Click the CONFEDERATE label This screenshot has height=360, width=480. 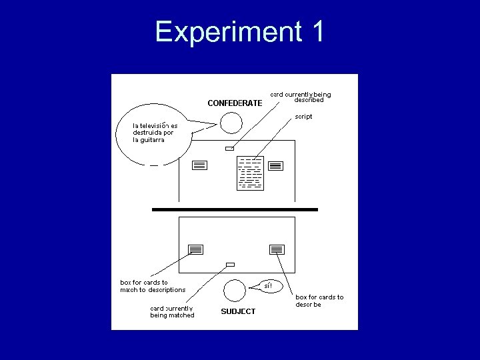235,103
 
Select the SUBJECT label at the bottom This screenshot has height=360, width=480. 238,311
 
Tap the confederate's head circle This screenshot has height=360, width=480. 231,123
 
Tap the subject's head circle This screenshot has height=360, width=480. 233,290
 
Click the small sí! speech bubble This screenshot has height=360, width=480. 268,286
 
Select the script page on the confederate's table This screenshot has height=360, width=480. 250,173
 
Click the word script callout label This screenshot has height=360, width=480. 303,117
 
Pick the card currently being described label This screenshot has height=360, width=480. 300,97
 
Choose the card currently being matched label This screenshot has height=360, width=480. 172,311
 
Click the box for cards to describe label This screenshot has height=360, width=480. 319,300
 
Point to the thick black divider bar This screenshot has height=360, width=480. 235,209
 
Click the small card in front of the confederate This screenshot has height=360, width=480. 229,148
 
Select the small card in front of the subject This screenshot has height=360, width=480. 231,265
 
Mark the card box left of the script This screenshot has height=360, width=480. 199,165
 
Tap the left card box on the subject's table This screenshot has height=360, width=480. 195,249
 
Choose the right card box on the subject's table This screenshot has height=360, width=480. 277,249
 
